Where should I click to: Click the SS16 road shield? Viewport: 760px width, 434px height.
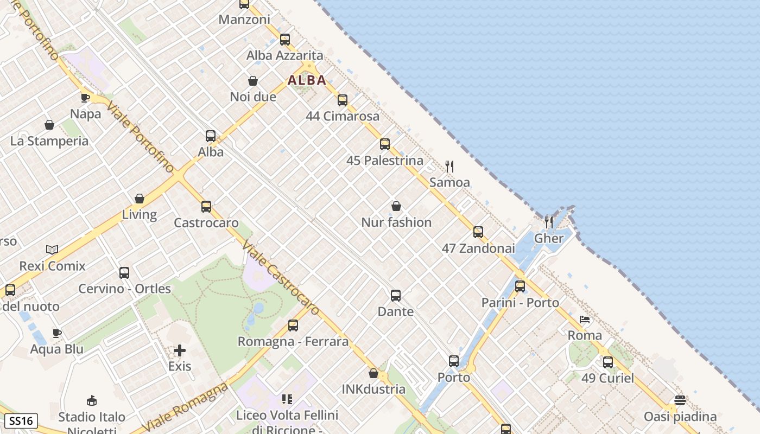[x=21, y=421]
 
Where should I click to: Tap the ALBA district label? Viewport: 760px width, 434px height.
[x=307, y=80]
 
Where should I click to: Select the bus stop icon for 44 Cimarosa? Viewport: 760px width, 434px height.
[x=342, y=100]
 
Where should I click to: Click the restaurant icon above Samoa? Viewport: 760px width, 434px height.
[x=449, y=166]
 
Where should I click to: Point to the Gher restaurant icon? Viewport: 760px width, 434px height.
[x=549, y=222]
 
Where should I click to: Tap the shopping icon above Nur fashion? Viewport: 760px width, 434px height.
[x=396, y=206]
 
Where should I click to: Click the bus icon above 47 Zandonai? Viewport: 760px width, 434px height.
[x=478, y=232]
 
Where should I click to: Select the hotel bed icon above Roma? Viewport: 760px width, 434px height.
[x=585, y=320]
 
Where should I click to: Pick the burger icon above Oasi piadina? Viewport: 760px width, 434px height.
[x=680, y=400]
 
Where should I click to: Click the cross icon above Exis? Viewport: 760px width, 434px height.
[x=180, y=350]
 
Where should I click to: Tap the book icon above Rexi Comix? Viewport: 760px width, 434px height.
[x=52, y=250]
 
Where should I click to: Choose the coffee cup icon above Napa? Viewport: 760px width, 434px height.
[x=85, y=98]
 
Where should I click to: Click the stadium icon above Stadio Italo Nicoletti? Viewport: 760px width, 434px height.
[x=92, y=401]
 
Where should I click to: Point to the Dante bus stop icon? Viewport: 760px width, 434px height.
[x=396, y=296]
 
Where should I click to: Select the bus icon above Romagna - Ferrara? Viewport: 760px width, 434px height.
[x=293, y=325]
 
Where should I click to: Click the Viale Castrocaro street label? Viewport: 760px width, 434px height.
[x=280, y=277]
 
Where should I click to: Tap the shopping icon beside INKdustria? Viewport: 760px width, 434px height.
[x=373, y=373]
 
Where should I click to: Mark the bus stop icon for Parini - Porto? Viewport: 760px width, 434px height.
[x=520, y=286]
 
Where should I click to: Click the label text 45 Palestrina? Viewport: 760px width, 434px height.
[x=385, y=161]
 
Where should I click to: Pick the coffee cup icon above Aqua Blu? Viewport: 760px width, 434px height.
[x=57, y=333]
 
